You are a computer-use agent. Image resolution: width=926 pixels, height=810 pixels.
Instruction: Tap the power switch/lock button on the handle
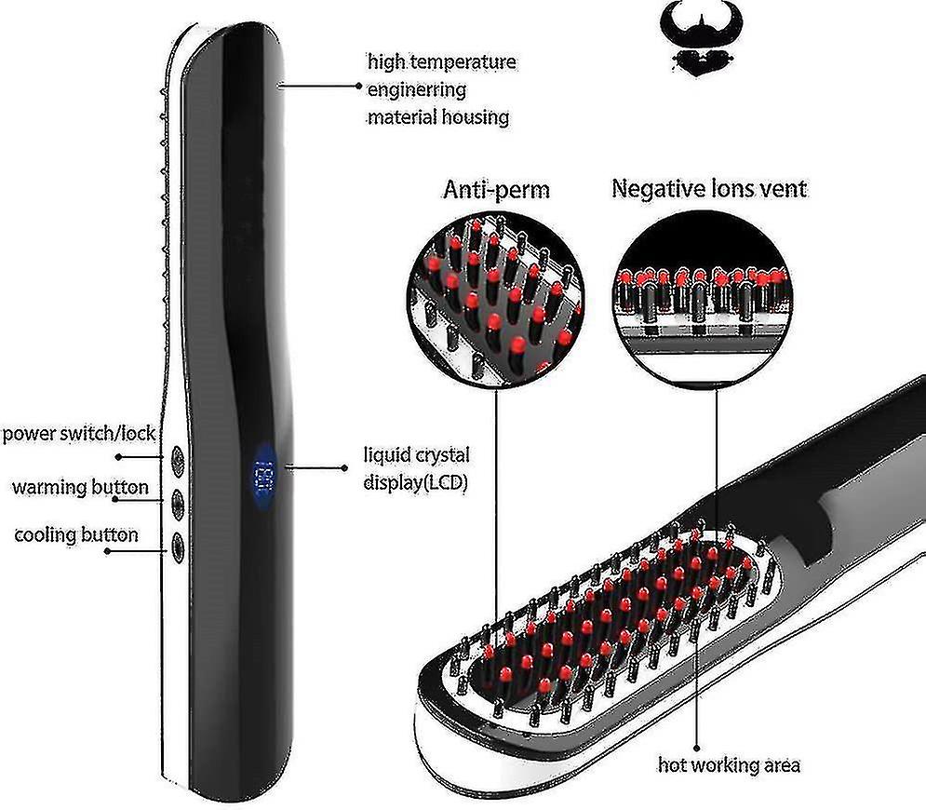pyautogui.click(x=177, y=457)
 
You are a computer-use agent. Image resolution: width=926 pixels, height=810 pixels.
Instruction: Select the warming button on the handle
pyautogui.click(x=177, y=504)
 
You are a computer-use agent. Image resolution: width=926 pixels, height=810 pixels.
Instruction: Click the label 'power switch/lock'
pyautogui.click(x=78, y=434)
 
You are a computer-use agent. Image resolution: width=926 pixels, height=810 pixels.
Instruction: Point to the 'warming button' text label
pyautogui.click(x=80, y=488)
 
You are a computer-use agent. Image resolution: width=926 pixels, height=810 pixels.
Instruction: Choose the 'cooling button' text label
pyautogui.click(x=76, y=535)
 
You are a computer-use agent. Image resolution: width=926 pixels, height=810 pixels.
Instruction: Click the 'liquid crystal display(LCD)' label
pyautogui.click(x=416, y=468)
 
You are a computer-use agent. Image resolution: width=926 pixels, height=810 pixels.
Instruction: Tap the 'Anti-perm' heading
pyautogui.click(x=496, y=190)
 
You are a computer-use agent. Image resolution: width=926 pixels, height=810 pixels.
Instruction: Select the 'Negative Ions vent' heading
pyautogui.click(x=708, y=188)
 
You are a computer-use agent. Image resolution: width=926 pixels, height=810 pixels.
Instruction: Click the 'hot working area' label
pyautogui.click(x=729, y=765)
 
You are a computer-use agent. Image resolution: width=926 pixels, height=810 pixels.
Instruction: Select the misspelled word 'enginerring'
pyautogui.click(x=417, y=89)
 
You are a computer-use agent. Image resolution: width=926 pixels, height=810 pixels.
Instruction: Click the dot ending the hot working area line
pyautogui.click(x=697, y=749)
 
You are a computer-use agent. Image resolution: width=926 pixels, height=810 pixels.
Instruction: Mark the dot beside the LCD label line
pyautogui.click(x=344, y=468)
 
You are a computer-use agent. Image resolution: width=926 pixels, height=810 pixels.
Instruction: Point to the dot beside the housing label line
pyautogui.click(x=358, y=86)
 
